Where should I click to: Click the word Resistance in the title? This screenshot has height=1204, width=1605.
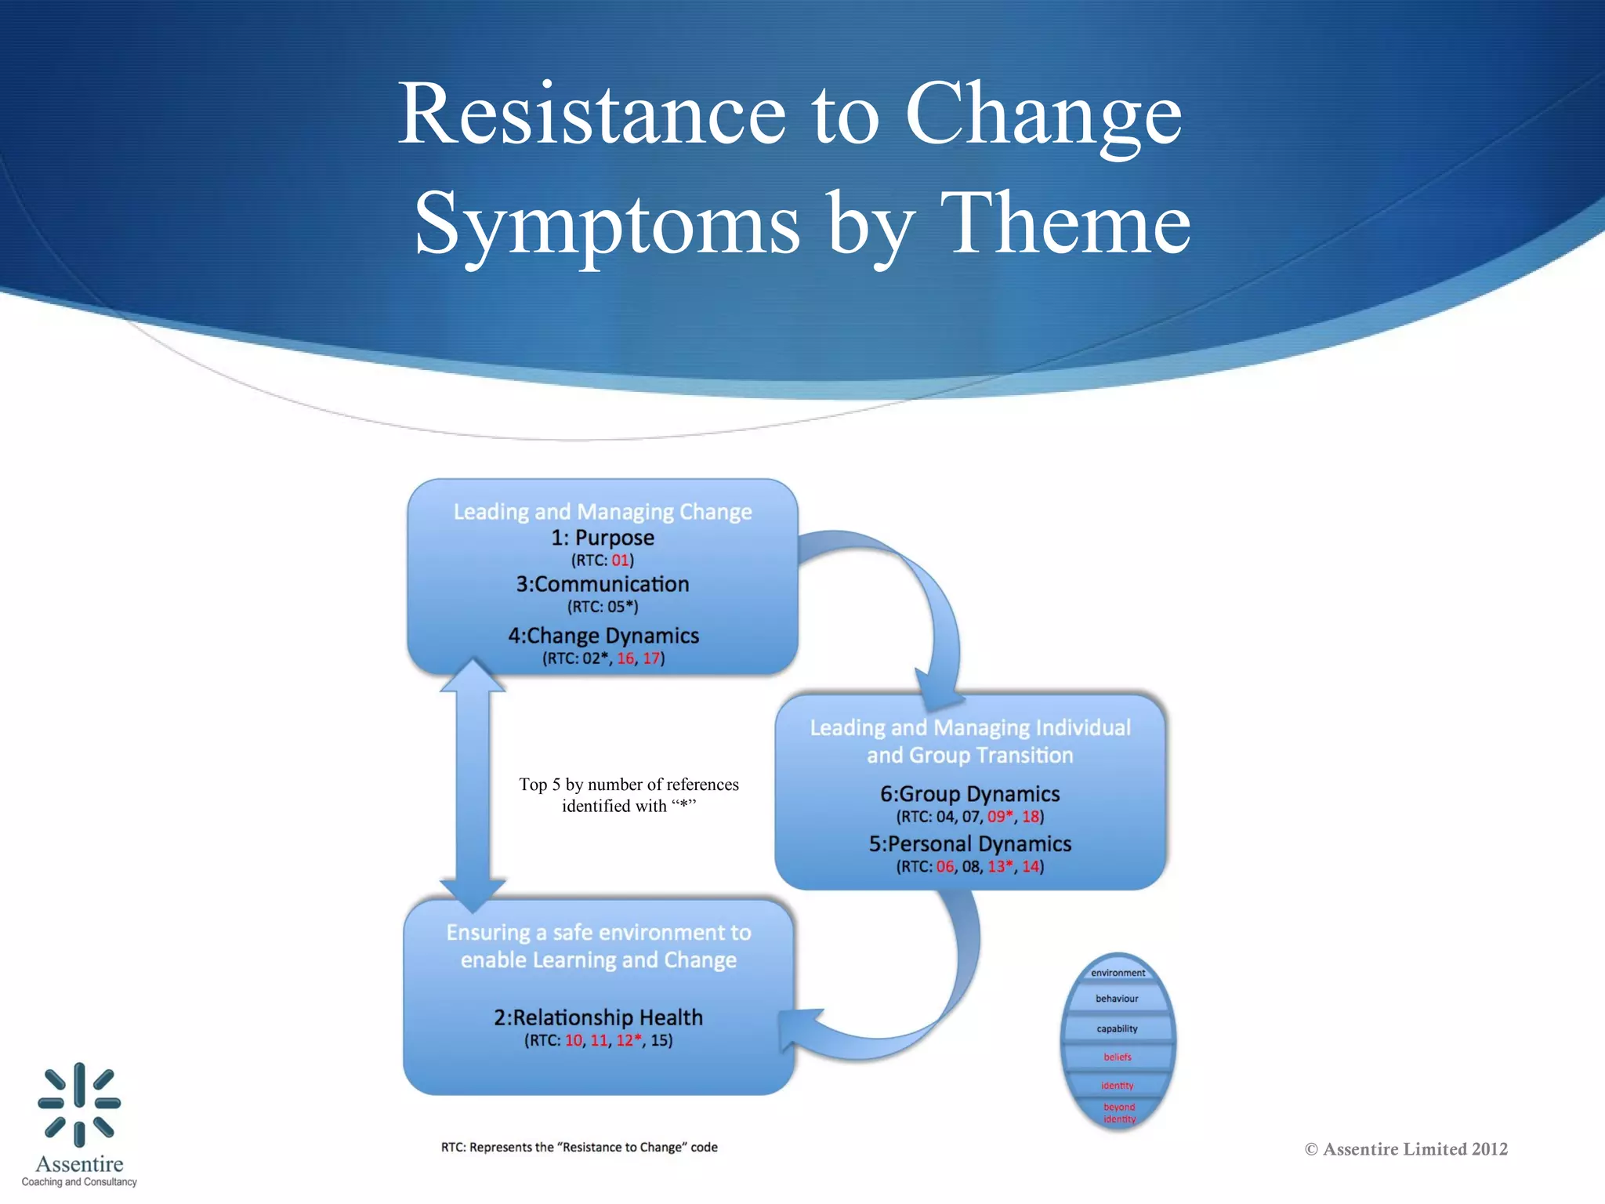tap(592, 114)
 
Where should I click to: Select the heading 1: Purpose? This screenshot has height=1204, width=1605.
tap(602, 538)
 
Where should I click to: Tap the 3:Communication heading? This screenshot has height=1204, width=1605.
tap(602, 584)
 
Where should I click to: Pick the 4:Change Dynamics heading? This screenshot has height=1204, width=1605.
tap(603, 635)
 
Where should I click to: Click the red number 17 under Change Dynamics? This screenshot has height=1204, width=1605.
tap(651, 658)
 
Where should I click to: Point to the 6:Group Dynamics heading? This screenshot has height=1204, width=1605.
tap(969, 794)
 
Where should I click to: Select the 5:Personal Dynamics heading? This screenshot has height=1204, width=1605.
tap(969, 844)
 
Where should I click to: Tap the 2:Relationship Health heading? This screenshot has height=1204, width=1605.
tap(598, 1017)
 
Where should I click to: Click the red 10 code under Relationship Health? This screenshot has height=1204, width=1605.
tap(574, 1041)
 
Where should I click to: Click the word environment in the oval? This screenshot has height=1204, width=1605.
tap(1118, 973)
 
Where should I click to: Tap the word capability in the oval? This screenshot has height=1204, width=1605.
tap(1117, 1028)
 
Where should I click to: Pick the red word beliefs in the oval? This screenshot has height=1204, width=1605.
tap(1118, 1057)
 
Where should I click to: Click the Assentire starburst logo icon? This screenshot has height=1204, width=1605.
tap(79, 1104)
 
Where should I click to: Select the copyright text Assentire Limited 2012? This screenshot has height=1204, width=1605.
tap(1406, 1149)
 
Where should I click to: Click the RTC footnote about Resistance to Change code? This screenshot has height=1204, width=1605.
tap(579, 1148)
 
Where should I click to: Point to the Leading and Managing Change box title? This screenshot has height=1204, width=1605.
tap(602, 512)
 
